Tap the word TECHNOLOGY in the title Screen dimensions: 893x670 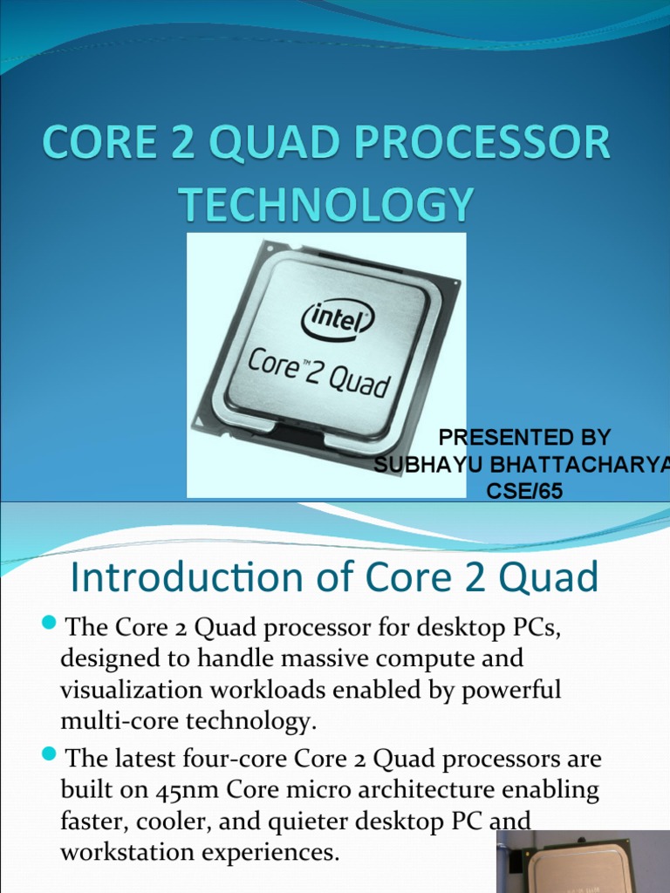(x=327, y=206)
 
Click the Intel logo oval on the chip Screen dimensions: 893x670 (x=338, y=320)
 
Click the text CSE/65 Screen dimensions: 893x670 (x=524, y=492)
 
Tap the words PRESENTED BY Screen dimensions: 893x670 (x=524, y=437)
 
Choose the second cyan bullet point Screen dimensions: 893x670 (x=49, y=753)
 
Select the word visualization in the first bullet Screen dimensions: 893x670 (x=127, y=689)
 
